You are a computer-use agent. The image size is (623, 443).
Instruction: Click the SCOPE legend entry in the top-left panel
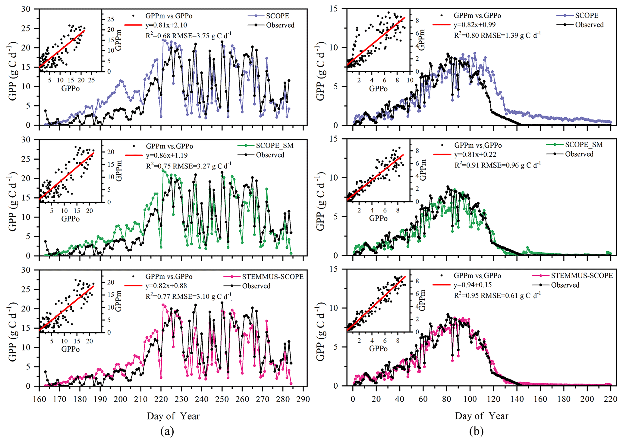click(x=277, y=16)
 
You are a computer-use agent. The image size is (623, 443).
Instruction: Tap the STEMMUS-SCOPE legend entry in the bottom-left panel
click(x=272, y=276)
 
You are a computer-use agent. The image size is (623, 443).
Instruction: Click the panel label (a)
click(x=167, y=431)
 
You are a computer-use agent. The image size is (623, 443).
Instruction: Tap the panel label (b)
click(x=476, y=431)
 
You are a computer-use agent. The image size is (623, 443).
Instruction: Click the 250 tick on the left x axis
click(x=222, y=399)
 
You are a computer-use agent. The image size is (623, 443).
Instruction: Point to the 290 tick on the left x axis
click(x=303, y=399)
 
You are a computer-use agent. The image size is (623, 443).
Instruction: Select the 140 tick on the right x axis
click(x=517, y=399)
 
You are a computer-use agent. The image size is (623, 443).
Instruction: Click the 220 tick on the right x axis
click(x=611, y=399)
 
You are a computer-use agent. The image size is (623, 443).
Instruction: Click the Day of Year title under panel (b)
click(x=482, y=416)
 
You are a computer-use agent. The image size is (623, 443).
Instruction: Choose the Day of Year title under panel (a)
click(x=173, y=416)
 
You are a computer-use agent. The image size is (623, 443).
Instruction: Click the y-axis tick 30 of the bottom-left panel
click(x=26, y=270)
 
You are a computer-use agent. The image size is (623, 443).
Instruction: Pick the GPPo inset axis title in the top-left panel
click(x=71, y=88)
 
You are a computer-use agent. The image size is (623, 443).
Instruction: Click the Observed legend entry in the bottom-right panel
click(x=565, y=285)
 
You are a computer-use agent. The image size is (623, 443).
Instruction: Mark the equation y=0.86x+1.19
click(x=167, y=155)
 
